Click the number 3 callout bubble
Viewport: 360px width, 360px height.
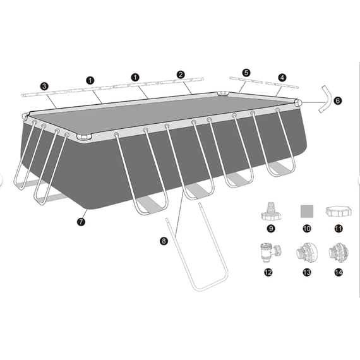coord(44,87)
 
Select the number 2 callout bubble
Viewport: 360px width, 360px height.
coord(181,75)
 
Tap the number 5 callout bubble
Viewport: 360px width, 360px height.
coord(246,73)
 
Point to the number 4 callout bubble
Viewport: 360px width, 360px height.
coord(282,78)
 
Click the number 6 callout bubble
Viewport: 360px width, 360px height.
coord(337,100)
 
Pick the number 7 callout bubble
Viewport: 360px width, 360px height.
coord(81,222)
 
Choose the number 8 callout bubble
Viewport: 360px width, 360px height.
coord(164,241)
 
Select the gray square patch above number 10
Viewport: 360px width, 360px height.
coord(307,211)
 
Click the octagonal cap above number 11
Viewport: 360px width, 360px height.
coord(339,211)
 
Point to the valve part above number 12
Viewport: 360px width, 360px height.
coord(271,253)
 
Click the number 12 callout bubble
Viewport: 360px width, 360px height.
coord(268,272)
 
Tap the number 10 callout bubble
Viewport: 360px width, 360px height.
coord(307,229)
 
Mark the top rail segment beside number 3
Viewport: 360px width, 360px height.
coord(44,93)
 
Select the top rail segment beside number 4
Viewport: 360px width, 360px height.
coord(282,85)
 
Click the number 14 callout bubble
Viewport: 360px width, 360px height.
coord(339,272)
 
